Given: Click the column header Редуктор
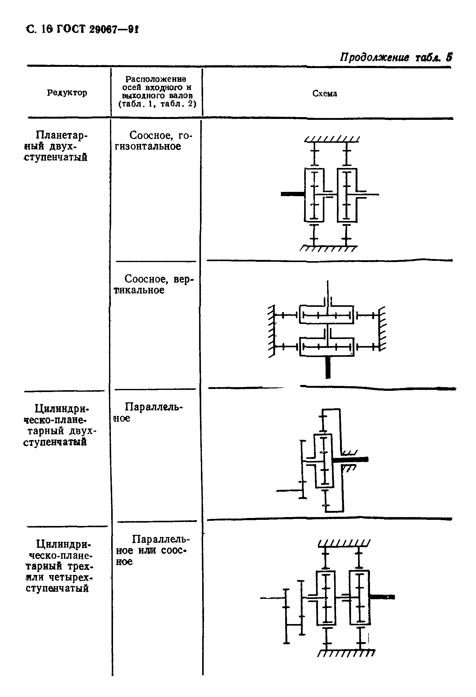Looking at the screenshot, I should [67, 93].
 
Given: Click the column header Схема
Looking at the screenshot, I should [325, 94].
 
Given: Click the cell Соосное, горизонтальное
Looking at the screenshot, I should [156, 141].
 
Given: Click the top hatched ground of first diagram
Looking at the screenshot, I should [332, 139].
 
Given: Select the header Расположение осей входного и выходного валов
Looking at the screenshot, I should [157, 92].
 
